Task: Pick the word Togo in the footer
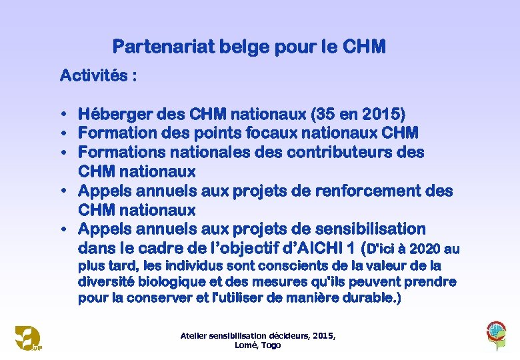click(271, 345)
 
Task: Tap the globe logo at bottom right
click(496, 331)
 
